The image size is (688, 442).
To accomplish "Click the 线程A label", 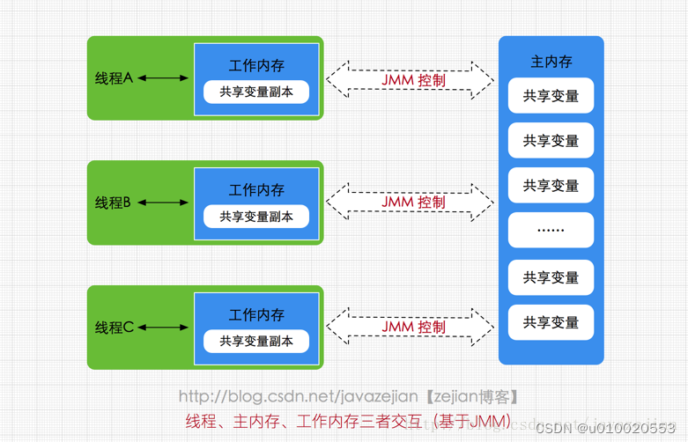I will [x=114, y=77].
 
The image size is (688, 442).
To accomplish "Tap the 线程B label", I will [x=114, y=203].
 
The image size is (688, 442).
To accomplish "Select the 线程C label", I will [x=114, y=328].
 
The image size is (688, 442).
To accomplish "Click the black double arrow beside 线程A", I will [x=163, y=78].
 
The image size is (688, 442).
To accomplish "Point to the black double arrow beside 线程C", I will [x=163, y=328].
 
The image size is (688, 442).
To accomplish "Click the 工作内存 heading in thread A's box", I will [x=256, y=66].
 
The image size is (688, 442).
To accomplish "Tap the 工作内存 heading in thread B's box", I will [x=256, y=190].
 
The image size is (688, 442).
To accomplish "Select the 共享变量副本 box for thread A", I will [x=256, y=92].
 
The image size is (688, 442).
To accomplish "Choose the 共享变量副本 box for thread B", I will [x=256, y=216].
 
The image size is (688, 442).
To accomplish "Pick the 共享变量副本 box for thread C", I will [x=256, y=341].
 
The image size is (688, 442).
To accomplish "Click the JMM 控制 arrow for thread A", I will [x=411, y=79].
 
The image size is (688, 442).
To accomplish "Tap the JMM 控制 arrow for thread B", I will [x=411, y=203].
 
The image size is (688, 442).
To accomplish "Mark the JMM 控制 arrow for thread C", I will [x=411, y=327].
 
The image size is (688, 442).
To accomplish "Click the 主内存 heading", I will [x=551, y=62].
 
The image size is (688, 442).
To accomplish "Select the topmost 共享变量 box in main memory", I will [x=551, y=96].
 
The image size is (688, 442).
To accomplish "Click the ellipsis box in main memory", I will [x=551, y=231].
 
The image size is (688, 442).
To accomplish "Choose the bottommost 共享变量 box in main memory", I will [x=551, y=322].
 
